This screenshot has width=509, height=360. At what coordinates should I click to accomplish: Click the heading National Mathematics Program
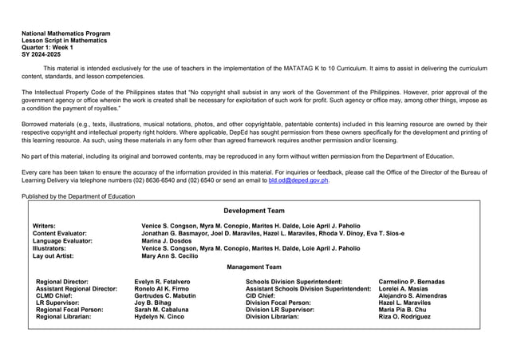click(x=66, y=34)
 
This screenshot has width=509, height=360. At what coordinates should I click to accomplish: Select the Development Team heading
click(x=254, y=210)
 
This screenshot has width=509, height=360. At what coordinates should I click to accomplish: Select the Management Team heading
click(x=254, y=267)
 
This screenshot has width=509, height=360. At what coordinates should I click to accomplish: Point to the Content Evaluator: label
click(x=60, y=233)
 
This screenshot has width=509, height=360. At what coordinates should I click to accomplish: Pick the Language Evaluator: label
click(x=62, y=240)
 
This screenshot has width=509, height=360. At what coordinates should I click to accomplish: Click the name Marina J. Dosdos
click(x=166, y=240)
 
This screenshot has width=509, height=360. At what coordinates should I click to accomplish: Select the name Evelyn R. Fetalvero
click(x=163, y=282)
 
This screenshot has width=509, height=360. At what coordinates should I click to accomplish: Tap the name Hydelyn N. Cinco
click(x=160, y=317)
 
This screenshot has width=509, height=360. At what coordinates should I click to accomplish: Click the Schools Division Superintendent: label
click(x=294, y=282)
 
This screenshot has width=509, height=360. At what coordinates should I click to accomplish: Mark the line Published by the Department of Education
click(x=78, y=196)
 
